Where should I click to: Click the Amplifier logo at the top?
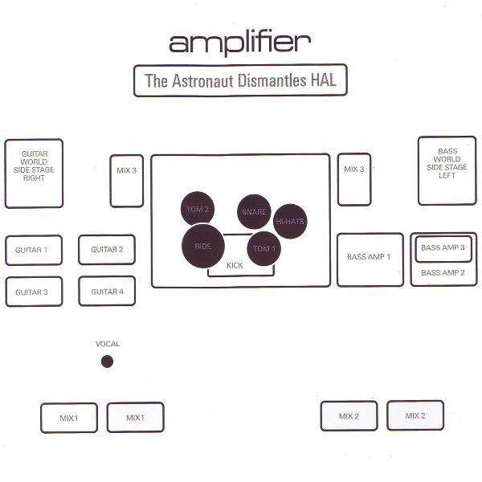pos(239,44)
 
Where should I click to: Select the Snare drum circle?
pos(254,211)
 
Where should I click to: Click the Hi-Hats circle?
pos(290,221)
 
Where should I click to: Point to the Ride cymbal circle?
pos(203,246)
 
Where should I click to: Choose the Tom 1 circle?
pos(264,248)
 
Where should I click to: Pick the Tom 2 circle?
pos(198,209)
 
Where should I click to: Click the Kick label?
pos(235,266)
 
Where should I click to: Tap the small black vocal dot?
pos(107,361)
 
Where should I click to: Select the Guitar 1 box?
pos(34,250)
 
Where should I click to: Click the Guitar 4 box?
pos(107,291)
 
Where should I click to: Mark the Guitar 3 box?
pos(34,292)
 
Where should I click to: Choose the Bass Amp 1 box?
pos(370,259)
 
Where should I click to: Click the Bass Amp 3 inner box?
pos(443,249)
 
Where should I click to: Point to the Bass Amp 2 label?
pos(443,272)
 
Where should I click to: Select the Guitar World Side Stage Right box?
pos(34,174)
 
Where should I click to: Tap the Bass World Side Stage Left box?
pos(447,170)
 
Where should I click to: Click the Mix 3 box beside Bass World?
pos(354,179)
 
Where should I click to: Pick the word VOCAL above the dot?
pos(108,344)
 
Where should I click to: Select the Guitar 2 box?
pos(107,249)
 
